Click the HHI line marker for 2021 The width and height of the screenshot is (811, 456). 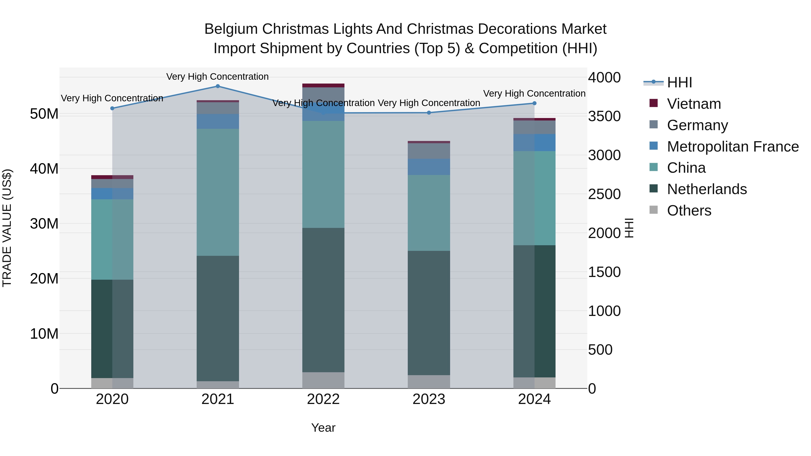(x=218, y=86)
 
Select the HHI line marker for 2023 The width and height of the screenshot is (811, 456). (x=429, y=113)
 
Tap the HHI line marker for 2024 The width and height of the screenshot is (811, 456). (x=534, y=103)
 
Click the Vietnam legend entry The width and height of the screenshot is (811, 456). (x=694, y=104)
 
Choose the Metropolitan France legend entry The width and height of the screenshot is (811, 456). (x=733, y=147)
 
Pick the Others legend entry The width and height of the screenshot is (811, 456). (x=689, y=211)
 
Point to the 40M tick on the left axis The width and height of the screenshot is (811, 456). (x=44, y=169)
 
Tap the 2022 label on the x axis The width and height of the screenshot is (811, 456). (x=323, y=400)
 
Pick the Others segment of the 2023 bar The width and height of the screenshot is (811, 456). (x=429, y=381)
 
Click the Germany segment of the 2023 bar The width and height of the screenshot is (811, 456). (x=429, y=151)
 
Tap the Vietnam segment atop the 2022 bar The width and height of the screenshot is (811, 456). (x=323, y=85)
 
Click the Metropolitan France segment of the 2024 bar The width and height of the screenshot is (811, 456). (x=534, y=143)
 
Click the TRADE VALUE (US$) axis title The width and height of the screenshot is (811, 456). (x=7, y=228)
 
